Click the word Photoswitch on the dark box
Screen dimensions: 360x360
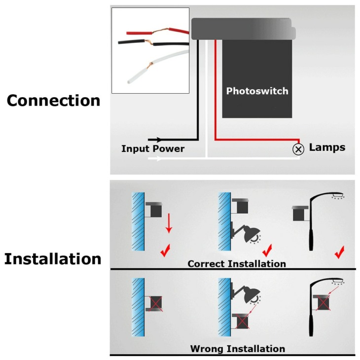point(257,91)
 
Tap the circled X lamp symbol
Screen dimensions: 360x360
point(298,149)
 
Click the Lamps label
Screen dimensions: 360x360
point(327,147)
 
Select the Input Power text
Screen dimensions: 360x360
point(153,149)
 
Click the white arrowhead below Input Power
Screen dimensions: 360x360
point(159,158)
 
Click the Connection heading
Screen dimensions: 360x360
point(53,101)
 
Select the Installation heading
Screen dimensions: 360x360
point(53,259)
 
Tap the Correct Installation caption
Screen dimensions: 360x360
point(237,264)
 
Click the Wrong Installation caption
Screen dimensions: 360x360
point(238,349)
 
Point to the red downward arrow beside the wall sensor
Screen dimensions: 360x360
point(169,223)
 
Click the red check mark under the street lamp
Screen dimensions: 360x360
point(340,252)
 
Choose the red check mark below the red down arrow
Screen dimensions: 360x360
point(165,250)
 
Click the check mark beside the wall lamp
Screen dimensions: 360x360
point(267,251)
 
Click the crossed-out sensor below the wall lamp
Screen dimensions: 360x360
point(241,321)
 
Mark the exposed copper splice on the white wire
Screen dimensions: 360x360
point(150,65)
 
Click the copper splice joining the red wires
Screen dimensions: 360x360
point(160,31)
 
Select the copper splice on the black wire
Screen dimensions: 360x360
point(148,42)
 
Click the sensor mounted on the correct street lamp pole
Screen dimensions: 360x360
point(300,214)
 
